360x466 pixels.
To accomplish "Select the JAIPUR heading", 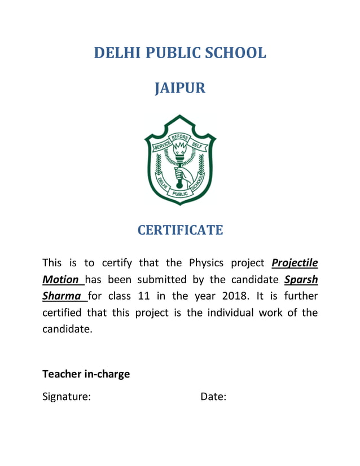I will tap(180, 89).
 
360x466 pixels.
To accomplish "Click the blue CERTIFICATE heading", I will tap(180, 230).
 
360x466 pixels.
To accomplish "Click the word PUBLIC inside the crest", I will tap(180, 193).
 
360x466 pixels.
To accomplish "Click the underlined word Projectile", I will tap(295, 263).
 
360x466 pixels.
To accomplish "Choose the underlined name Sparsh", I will tap(301, 279).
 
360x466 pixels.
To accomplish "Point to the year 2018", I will tap(238, 296).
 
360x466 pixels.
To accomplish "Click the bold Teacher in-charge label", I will tap(86, 373).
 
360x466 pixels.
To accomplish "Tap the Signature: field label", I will tap(67, 397).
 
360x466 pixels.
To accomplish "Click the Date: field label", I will tap(213, 397).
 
